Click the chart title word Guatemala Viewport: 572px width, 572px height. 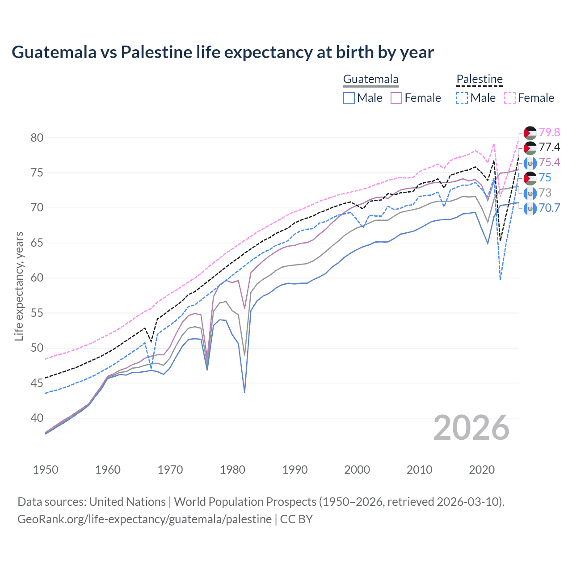pos(54,52)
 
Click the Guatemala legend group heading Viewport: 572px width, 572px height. pos(370,80)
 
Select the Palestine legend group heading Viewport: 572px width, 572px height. pos(479,80)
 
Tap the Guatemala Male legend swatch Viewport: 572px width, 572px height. pos(349,98)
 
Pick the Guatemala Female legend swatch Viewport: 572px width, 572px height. pos(396,98)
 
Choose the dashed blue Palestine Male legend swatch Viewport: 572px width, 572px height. pos(462,98)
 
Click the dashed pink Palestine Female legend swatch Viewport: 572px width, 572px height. pos(510,98)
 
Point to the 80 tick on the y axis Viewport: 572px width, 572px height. pos(37,138)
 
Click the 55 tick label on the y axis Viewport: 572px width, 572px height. pos(37,313)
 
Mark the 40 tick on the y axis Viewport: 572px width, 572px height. pos(37,418)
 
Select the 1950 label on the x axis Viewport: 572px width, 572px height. pos(46,470)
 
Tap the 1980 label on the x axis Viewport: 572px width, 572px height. pos(232,470)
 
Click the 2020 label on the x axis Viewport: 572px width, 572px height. pos(482,470)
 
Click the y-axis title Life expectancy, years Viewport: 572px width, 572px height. pos(19,286)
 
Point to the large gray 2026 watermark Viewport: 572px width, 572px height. pos(471,428)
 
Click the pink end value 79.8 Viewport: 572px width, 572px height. pos(549,132)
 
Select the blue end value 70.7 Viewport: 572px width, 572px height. pos(549,208)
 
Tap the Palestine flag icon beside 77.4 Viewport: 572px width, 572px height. pos(530,147)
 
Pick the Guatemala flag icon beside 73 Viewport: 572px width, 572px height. pos(530,193)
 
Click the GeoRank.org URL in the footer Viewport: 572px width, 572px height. pos(144,519)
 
